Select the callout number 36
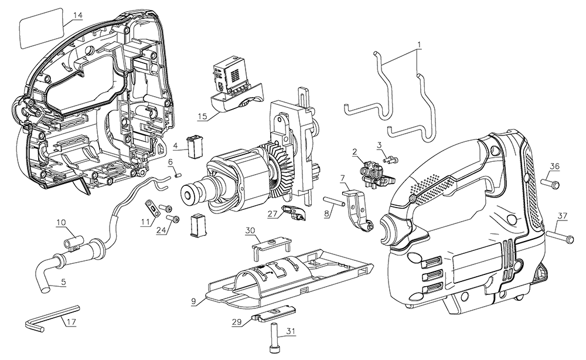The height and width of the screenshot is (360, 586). point(554,166)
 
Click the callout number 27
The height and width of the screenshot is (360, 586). point(272,215)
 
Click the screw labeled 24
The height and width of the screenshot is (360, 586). point(173,219)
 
